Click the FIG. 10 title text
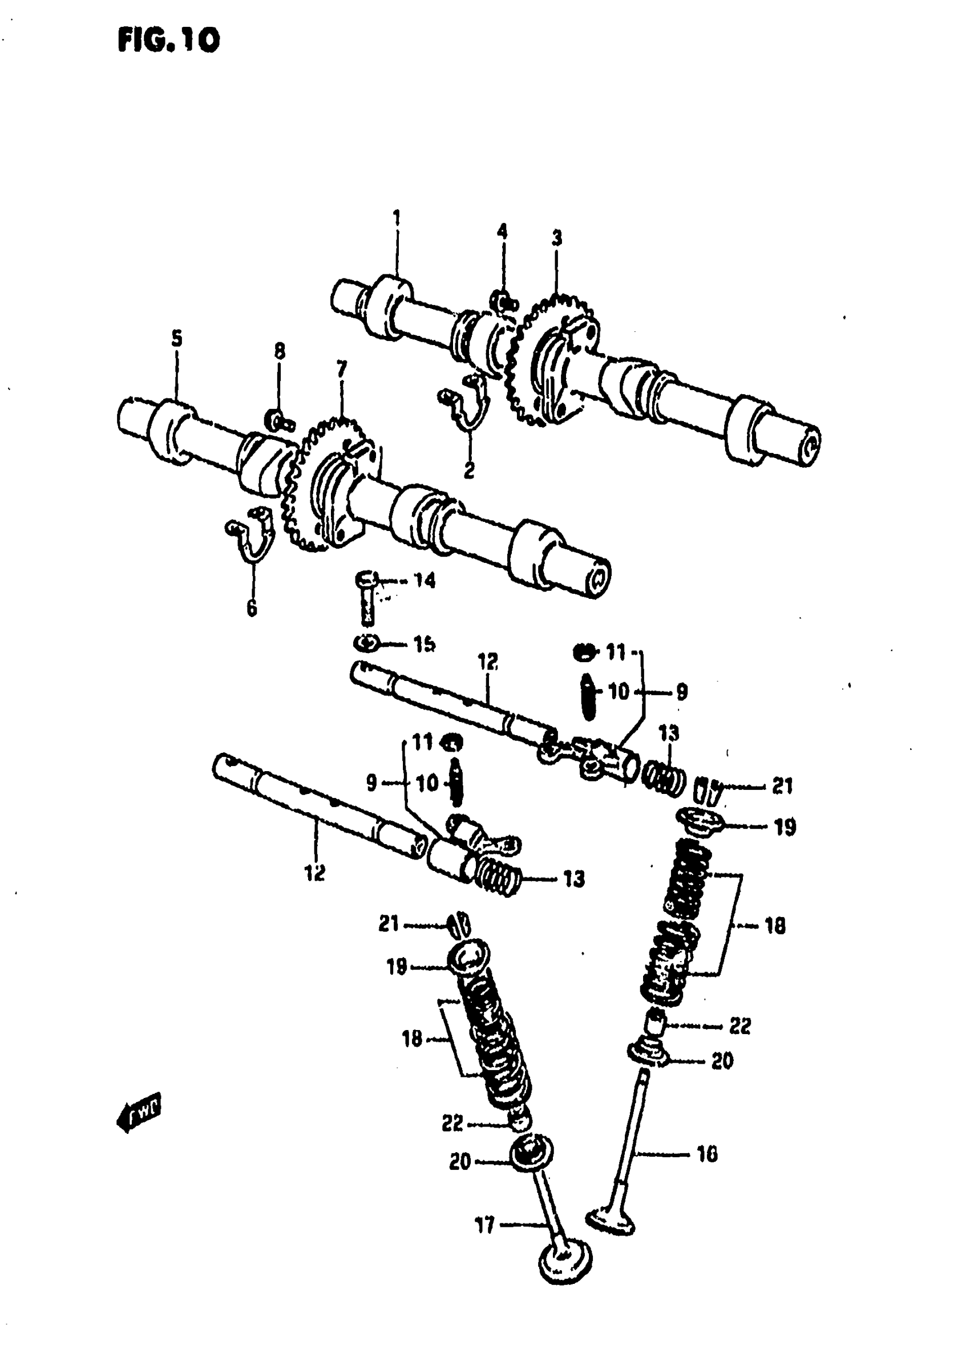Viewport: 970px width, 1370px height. coord(169,41)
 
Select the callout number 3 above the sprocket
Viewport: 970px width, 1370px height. coord(557,239)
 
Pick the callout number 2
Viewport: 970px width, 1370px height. coord(470,470)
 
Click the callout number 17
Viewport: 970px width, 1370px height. coord(484,1226)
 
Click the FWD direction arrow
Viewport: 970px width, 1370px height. coord(139,1112)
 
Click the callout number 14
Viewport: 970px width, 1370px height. coord(425,580)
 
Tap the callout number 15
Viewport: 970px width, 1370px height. coord(425,644)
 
